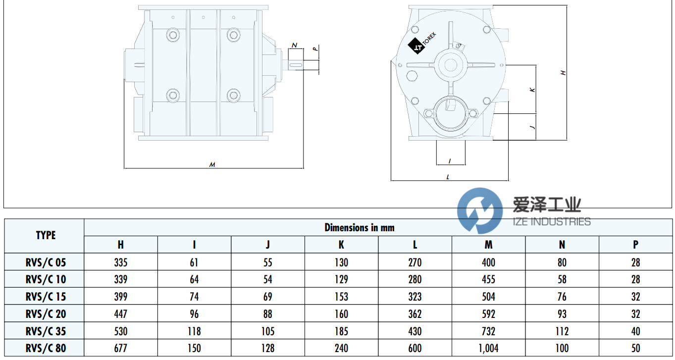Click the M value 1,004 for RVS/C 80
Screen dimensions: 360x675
tap(488, 348)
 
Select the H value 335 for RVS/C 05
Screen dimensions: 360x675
tap(120, 262)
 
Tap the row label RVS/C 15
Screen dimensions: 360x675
tap(45, 297)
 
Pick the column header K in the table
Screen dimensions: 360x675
tap(341, 245)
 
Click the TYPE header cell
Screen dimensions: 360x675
tap(46, 236)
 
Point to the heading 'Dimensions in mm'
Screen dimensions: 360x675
tap(359, 228)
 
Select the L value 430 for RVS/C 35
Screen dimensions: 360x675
tap(415, 331)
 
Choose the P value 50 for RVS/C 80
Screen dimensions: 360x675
tap(635, 348)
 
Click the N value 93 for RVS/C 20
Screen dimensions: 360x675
tap(562, 314)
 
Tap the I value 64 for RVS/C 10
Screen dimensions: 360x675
tap(194, 279)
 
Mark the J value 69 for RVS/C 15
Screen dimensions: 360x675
tap(267, 297)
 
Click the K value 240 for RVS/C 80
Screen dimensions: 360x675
tap(341, 348)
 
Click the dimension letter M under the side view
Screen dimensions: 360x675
tap(212, 164)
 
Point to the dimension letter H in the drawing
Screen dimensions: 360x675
tap(563, 73)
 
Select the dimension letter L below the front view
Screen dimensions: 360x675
tap(448, 176)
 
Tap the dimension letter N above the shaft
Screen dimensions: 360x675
tap(295, 46)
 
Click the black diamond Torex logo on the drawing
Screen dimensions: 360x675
tap(415, 46)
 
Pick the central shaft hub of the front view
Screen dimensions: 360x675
tap(451, 65)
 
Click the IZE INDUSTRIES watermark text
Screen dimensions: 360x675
tap(551, 221)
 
